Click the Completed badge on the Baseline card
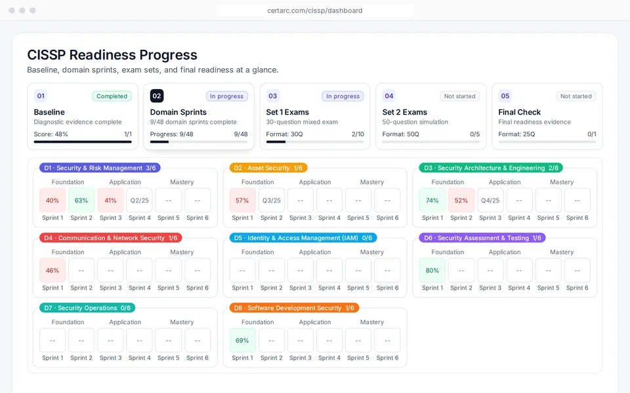pos(112,96)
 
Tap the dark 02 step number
pos(157,96)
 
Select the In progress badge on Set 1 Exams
pos(343,96)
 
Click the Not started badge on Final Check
pos(576,96)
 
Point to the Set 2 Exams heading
pos(405,112)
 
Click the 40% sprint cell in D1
pos(52,200)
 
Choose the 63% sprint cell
pos(81,200)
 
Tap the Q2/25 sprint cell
pos(139,200)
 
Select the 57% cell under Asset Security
pos(242,200)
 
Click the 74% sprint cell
pos(432,200)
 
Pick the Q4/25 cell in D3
pos(490,200)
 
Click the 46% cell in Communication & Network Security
pos(52,271)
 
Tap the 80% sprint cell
pos(432,271)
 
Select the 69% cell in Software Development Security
pos(242,341)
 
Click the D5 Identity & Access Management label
pos(303,238)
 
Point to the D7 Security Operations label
pos(87,308)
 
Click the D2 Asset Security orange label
pos(268,168)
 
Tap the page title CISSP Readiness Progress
pos(112,55)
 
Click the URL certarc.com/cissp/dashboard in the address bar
pos(315,10)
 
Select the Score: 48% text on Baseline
pos(51,134)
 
